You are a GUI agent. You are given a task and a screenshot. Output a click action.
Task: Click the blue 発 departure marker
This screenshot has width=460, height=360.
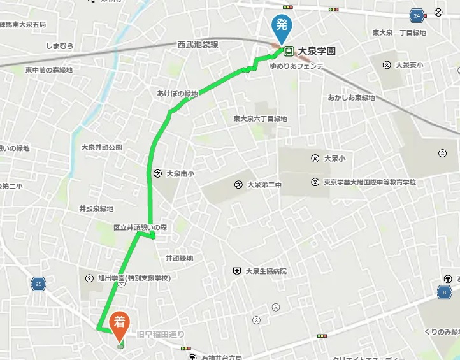pyautogui.click(x=281, y=26)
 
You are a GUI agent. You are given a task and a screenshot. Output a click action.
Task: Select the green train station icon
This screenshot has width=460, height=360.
pyautogui.click(x=289, y=50)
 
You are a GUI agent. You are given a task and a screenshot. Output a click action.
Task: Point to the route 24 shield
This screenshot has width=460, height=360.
pyautogui.click(x=417, y=15)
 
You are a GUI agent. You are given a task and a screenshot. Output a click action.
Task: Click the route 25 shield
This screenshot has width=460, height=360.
pyautogui.click(x=40, y=284)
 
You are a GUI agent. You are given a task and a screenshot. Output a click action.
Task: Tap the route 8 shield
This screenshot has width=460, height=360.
pyautogui.click(x=443, y=293)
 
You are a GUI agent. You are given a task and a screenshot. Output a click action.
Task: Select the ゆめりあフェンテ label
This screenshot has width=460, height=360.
pyautogui.click(x=296, y=66)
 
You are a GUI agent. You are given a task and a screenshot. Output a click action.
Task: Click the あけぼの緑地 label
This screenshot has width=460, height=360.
pyautogui.click(x=178, y=94)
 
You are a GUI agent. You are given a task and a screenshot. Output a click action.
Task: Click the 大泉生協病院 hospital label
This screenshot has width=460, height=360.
pyautogui.click(x=266, y=271)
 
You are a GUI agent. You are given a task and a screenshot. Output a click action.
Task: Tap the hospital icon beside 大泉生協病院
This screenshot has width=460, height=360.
pyautogui.click(x=237, y=271)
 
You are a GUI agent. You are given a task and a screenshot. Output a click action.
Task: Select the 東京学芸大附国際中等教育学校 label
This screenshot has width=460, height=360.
pyautogui.click(x=369, y=182)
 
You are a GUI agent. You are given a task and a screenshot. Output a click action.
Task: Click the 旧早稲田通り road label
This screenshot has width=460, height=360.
pyautogui.click(x=161, y=334)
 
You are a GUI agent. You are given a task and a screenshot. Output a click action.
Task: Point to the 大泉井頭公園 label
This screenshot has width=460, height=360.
pyautogui.click(x=101, y=147)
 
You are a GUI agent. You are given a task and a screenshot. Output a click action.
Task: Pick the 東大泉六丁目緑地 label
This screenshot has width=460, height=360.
pyautogui.click(x=260, y=119)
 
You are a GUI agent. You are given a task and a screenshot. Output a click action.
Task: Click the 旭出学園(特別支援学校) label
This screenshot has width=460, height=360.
pyautogui.click(x=134, y=278)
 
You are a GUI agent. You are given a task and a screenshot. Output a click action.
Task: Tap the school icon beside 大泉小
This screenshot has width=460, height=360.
pyautogui.click(x=315, y=158)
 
